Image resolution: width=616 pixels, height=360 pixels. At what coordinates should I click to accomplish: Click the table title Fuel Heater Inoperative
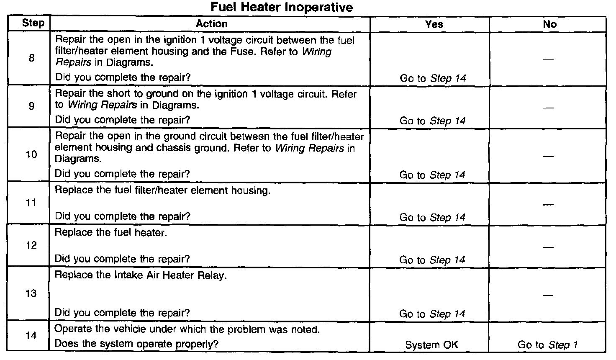click(282, 7)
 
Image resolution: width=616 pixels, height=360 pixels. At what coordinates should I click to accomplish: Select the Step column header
click(33, 23)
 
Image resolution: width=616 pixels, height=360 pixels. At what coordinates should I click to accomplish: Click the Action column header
click(211, 24)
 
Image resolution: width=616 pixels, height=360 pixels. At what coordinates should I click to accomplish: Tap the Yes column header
click(434, 24)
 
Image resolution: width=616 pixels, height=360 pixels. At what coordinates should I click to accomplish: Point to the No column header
click(549, 24)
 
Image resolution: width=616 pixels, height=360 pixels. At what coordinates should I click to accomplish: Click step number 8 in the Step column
click(32, 58)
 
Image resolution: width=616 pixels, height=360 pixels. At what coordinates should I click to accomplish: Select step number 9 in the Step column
click(32, 106)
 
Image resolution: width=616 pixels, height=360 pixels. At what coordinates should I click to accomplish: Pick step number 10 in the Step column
click(31, 154)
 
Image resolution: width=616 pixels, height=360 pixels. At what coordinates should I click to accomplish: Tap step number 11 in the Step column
click(31, 203)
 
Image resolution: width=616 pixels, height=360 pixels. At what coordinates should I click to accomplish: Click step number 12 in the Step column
click(31, 245)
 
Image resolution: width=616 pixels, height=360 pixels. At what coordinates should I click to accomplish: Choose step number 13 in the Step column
click(31, 293)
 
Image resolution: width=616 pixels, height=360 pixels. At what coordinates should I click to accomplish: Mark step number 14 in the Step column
click(31, 336)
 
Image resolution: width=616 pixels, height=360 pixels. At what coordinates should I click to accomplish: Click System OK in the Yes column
click(431, 345)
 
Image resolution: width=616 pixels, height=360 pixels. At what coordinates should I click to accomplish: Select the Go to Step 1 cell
click(547, 345)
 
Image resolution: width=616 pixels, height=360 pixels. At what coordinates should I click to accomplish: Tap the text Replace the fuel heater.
click(111, 233)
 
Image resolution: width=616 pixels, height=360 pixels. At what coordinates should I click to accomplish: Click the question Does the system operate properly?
click(136, 344)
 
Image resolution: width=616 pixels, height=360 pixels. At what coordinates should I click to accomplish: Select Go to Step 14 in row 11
click(432, 217)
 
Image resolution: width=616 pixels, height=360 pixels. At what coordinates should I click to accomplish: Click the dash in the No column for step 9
click(548, 108)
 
